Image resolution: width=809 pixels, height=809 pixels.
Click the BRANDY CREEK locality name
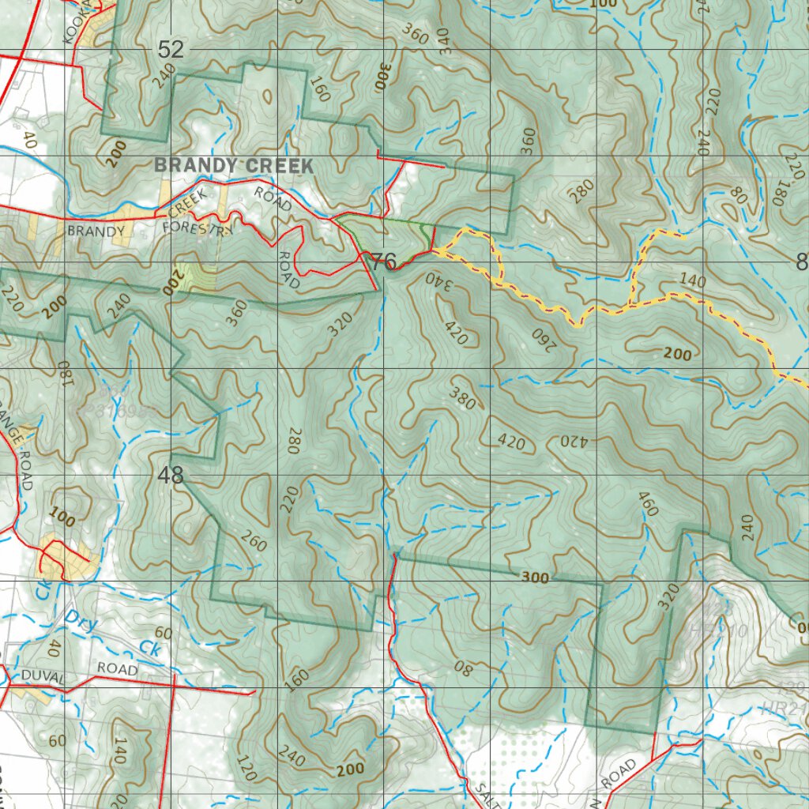click(234, 166)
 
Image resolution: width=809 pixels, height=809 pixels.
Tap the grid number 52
click(171, 50)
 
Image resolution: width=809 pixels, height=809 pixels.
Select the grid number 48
click(171, 476)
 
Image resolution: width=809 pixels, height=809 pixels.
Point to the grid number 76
click(383, 262)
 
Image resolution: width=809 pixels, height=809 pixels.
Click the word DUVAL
click(43, 677)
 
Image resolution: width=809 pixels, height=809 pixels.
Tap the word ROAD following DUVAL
click(117, 669)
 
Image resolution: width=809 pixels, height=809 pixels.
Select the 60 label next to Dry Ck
click(164, 633)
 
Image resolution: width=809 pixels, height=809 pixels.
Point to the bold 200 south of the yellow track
click(677, 354)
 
